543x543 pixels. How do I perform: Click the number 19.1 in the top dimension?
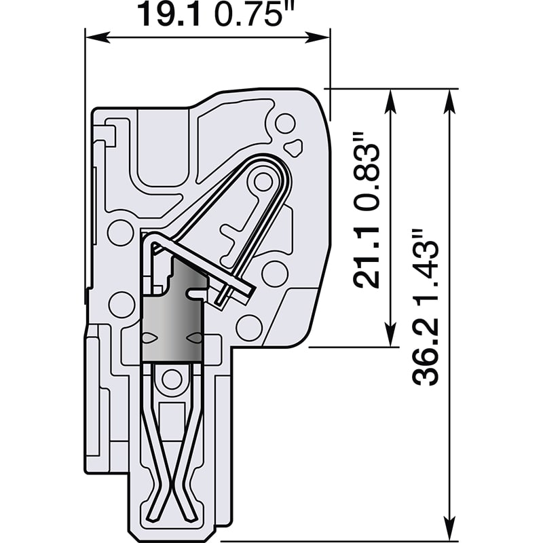169,14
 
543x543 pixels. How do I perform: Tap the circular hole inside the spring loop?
262,181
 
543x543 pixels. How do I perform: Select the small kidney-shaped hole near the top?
294,145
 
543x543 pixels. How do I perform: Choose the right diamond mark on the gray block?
195,338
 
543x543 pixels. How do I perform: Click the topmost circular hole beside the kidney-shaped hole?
285,124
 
